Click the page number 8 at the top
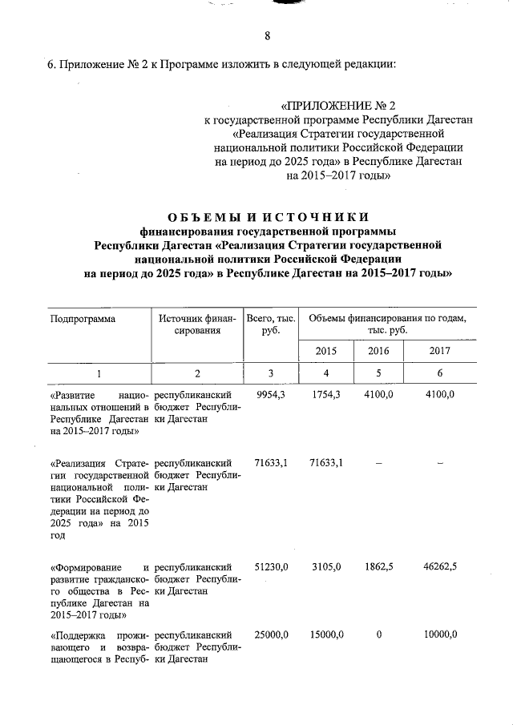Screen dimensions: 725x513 (x=267, y=35)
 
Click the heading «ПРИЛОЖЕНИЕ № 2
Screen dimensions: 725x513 (x=339, y=106)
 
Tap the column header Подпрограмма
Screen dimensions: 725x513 (x=83, y=318)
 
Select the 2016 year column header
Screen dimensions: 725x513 (x=378, y=350)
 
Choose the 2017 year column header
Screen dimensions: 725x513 (x=440, y=350)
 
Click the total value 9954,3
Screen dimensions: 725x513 (x=271, y=395)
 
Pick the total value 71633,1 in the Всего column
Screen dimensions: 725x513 (x=271, y=462)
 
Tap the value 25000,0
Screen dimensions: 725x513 (x=271, y=634)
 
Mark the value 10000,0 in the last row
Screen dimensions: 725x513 (x=440, y=634)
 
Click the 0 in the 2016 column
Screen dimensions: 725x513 (x=378, y=634)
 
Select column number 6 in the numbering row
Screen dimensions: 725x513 (x=440, y=373)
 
